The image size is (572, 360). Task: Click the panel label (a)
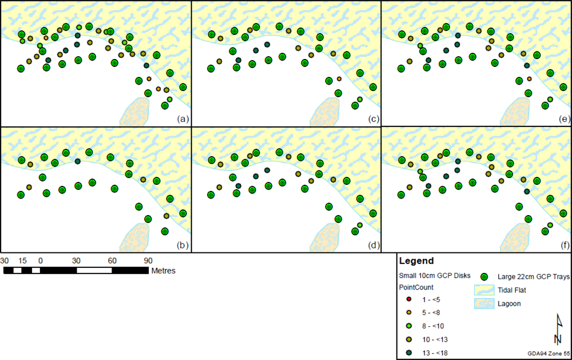click(x=182, y=119)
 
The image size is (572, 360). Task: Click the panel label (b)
click(x=182, y=246)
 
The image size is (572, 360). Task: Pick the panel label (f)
click(x=565, y=246)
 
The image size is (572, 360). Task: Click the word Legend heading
click(x=417, y=261)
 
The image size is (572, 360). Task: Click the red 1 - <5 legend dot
click(x=408, y=299)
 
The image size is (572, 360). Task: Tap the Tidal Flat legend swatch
click(x=483, y=291)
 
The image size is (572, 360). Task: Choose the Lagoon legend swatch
click(x=483, y=303)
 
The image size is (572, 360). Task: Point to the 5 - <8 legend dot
click(x=408, y=312)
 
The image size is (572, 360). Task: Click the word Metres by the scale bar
click(x=163, y=270)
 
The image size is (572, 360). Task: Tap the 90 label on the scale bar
click(x=148, y=260)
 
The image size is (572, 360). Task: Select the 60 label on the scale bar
click(x=112, y=260)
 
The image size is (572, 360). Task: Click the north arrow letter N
click(x=557, y=339)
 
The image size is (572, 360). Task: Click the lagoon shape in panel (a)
click(x=135, y=111)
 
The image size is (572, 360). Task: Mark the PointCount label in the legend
click(x=416, y=287)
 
